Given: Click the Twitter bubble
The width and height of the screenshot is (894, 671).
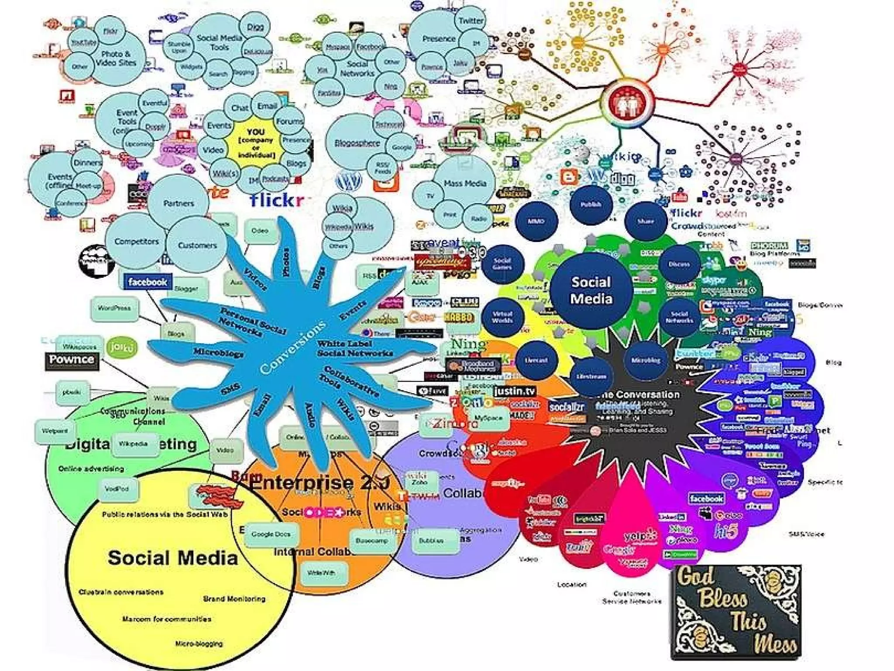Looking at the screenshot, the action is [471, 21].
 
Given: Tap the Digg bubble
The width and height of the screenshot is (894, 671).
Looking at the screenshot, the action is [255, 27].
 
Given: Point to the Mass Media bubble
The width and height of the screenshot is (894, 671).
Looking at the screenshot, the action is [465, 183].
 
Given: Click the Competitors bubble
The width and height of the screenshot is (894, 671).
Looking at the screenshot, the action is [136, 242].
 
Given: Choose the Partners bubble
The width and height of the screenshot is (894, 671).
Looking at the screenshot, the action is [179, 203].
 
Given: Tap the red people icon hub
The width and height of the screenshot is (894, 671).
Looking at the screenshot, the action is [627, 103].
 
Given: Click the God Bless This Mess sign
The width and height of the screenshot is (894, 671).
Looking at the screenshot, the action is [736, 612].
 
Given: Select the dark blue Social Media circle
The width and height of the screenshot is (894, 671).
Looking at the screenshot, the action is [591, 291].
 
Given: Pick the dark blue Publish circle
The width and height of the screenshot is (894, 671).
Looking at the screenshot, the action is [591, 204].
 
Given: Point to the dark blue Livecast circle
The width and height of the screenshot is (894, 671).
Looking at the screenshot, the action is [536, 360].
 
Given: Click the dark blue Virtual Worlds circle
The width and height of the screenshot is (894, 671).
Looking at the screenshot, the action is [502, 317].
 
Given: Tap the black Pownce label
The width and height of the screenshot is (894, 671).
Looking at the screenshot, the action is [72, 360].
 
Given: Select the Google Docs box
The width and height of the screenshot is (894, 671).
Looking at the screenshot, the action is [271, 534].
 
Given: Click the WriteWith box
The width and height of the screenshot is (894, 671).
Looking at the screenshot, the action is [321, 573].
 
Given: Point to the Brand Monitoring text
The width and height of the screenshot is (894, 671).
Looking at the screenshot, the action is [234, 598].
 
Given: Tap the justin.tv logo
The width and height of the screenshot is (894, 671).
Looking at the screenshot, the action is [515, 391].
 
